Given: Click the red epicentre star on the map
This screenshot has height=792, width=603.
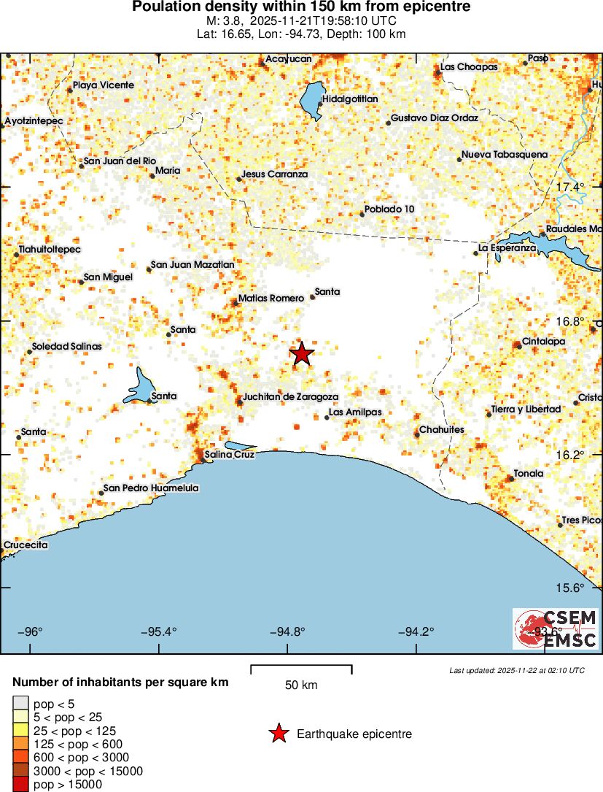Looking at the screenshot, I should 302,354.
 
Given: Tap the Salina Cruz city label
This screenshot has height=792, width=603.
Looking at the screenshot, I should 229,454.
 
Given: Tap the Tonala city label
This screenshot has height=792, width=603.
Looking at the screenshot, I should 529,473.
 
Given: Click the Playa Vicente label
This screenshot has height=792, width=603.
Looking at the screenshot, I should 104,85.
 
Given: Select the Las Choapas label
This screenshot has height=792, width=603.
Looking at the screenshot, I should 470,67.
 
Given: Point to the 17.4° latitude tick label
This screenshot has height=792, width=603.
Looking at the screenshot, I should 570,188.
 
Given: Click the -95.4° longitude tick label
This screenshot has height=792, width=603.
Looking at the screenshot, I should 159,632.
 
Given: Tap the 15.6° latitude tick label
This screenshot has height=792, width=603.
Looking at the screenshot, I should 570,588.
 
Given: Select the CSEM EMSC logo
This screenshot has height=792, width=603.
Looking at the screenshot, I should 556,629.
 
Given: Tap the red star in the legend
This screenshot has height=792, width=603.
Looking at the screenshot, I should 278,734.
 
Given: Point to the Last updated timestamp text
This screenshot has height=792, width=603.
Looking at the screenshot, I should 516,670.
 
